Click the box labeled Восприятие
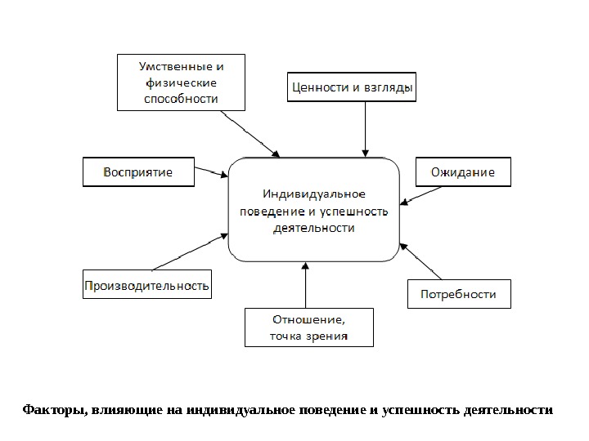(x=137, y=172)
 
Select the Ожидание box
(x=462, y=172)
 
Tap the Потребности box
(x=458, y=293)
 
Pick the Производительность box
(x=147, y=286)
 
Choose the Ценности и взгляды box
(x=352, y=87)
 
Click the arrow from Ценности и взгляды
(x=365, y=127)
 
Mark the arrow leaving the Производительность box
(x=190, y=252)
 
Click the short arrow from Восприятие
(x=212, y=172)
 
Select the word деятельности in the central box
(x=313, y=229)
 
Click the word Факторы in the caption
(x=52, y=408)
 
